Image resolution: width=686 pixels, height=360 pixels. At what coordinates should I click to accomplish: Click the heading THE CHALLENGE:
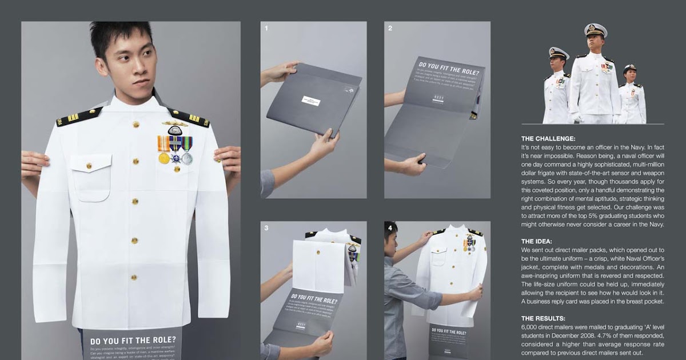click(x=548, y=138)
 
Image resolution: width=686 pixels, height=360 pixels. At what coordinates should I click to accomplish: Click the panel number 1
click(x=266, y=27)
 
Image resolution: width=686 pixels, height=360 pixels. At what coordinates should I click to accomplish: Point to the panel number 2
click(x=390, y=27)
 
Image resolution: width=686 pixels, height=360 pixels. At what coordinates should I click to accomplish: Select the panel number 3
click(x=266, y=227)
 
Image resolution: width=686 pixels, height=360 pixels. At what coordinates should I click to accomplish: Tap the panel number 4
click(x=390, y=227)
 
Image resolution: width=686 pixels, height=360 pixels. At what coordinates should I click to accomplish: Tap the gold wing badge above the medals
click(x=174, y=123)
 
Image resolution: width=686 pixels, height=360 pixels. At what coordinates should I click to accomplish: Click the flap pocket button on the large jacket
click(x=89, y=166)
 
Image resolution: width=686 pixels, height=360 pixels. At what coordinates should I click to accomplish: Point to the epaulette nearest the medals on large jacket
click(x=188, y=117)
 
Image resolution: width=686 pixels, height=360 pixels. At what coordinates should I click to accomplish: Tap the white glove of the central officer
click(x=578, y=119)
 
